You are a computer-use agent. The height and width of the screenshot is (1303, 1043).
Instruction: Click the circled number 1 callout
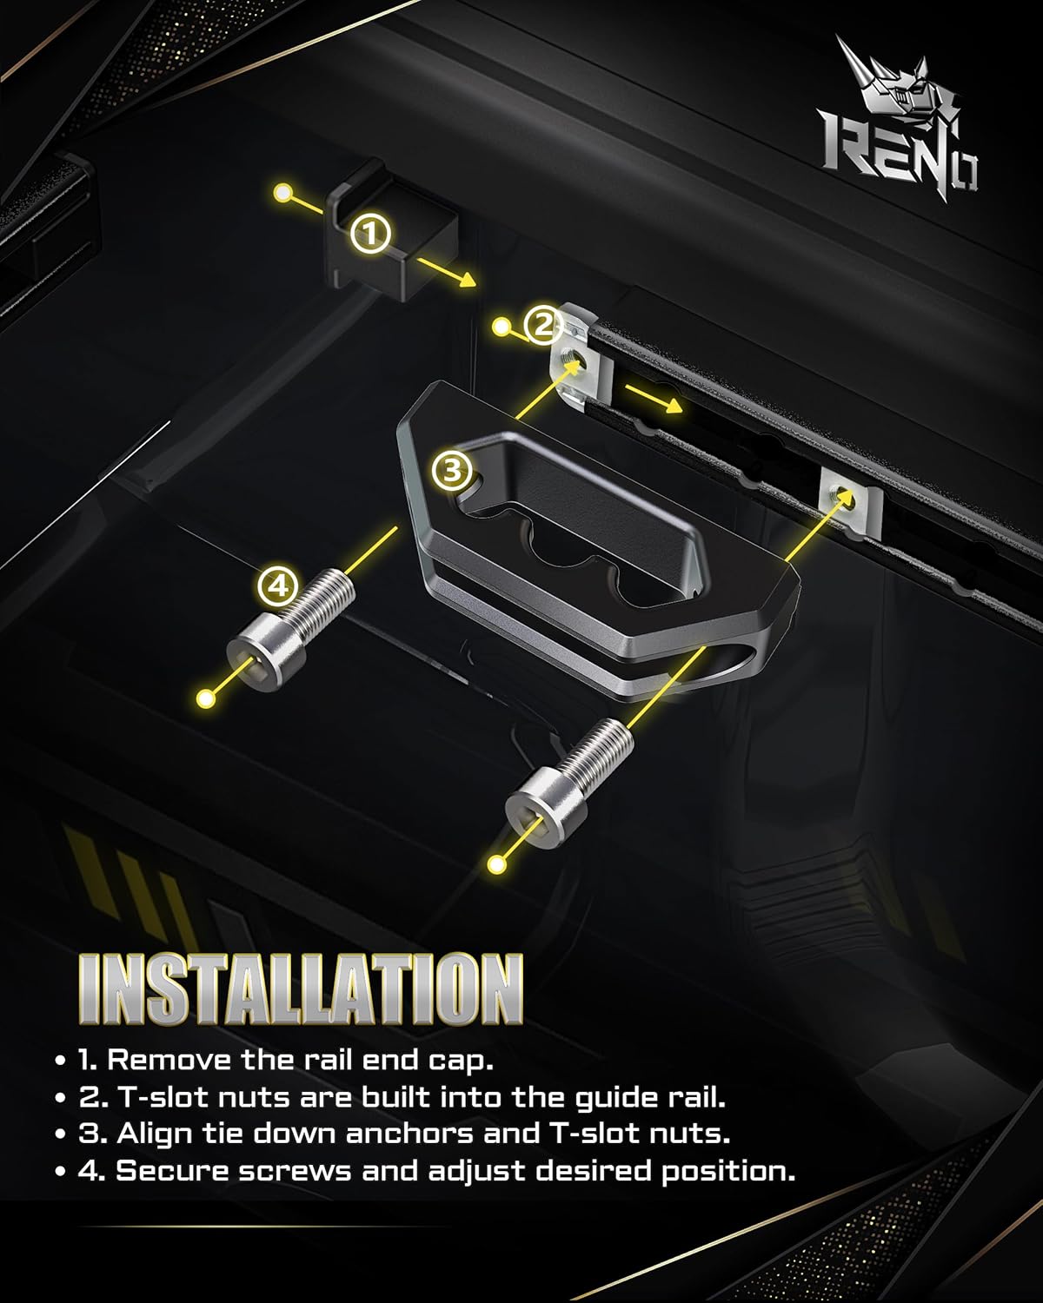coord(371,233)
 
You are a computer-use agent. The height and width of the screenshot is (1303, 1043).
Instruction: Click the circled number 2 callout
coord(542,326)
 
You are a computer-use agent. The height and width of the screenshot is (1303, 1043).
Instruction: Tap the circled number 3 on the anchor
coord(451,472)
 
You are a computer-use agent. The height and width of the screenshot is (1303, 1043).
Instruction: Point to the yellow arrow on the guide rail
coord(654,400)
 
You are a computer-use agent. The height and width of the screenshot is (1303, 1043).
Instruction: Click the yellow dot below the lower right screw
coord(497,863)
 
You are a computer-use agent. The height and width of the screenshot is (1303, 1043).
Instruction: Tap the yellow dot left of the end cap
coord(282,192)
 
